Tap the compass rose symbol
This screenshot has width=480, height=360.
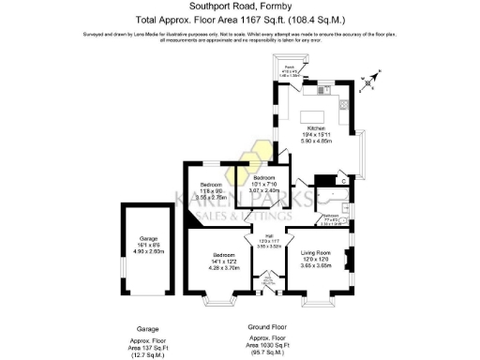(375, 79)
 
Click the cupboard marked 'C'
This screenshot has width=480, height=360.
(344, 180)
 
